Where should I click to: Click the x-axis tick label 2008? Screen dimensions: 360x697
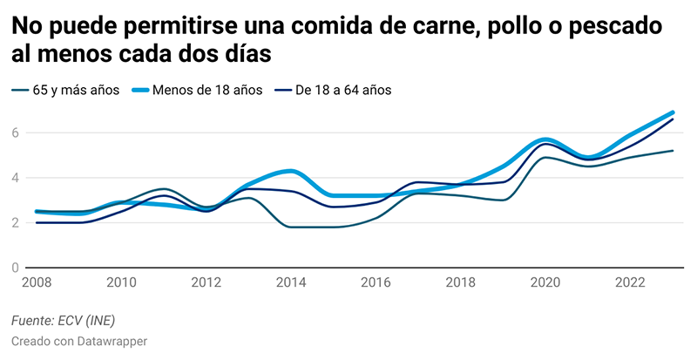pyautogui.click(x=36, y=282)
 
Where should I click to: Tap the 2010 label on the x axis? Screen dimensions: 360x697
pyautogui.click(x=121, y=282)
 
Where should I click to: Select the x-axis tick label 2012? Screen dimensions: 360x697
pyautogui.click(x=206, y=282)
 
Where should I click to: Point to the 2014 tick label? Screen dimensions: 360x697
pyautogui.click(x=291, y=282)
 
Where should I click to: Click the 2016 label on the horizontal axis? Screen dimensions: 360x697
pyautogui.click(x=376, y=282)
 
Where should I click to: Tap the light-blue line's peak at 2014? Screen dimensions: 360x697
pyautogui.click(x=291, y=171)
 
